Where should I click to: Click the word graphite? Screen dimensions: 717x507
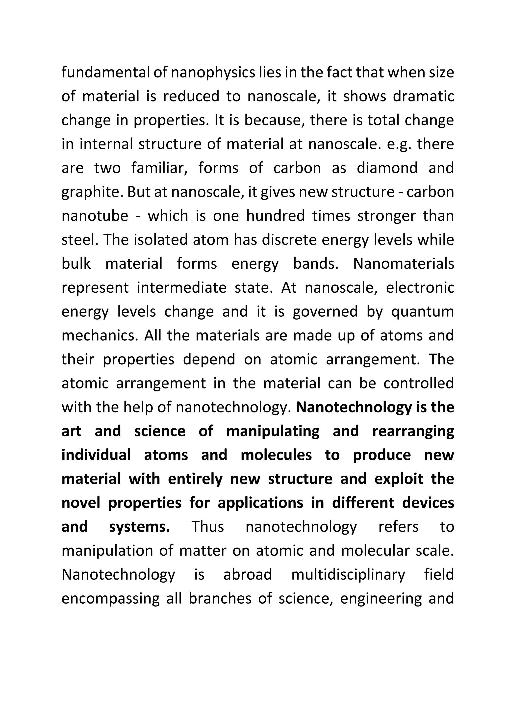(x=92, y=192)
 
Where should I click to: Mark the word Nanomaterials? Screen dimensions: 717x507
(x=403, y=264)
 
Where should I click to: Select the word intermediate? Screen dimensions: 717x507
(x=182, y=288)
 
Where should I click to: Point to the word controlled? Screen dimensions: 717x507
(x=419, y=383)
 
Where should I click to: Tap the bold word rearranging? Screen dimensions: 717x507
(x=413, y=432)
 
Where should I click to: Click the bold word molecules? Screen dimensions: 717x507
(x=276, y=455)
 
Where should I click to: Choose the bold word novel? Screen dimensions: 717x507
(x=81, y=503)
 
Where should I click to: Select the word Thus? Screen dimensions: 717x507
(x=208, y=527)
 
